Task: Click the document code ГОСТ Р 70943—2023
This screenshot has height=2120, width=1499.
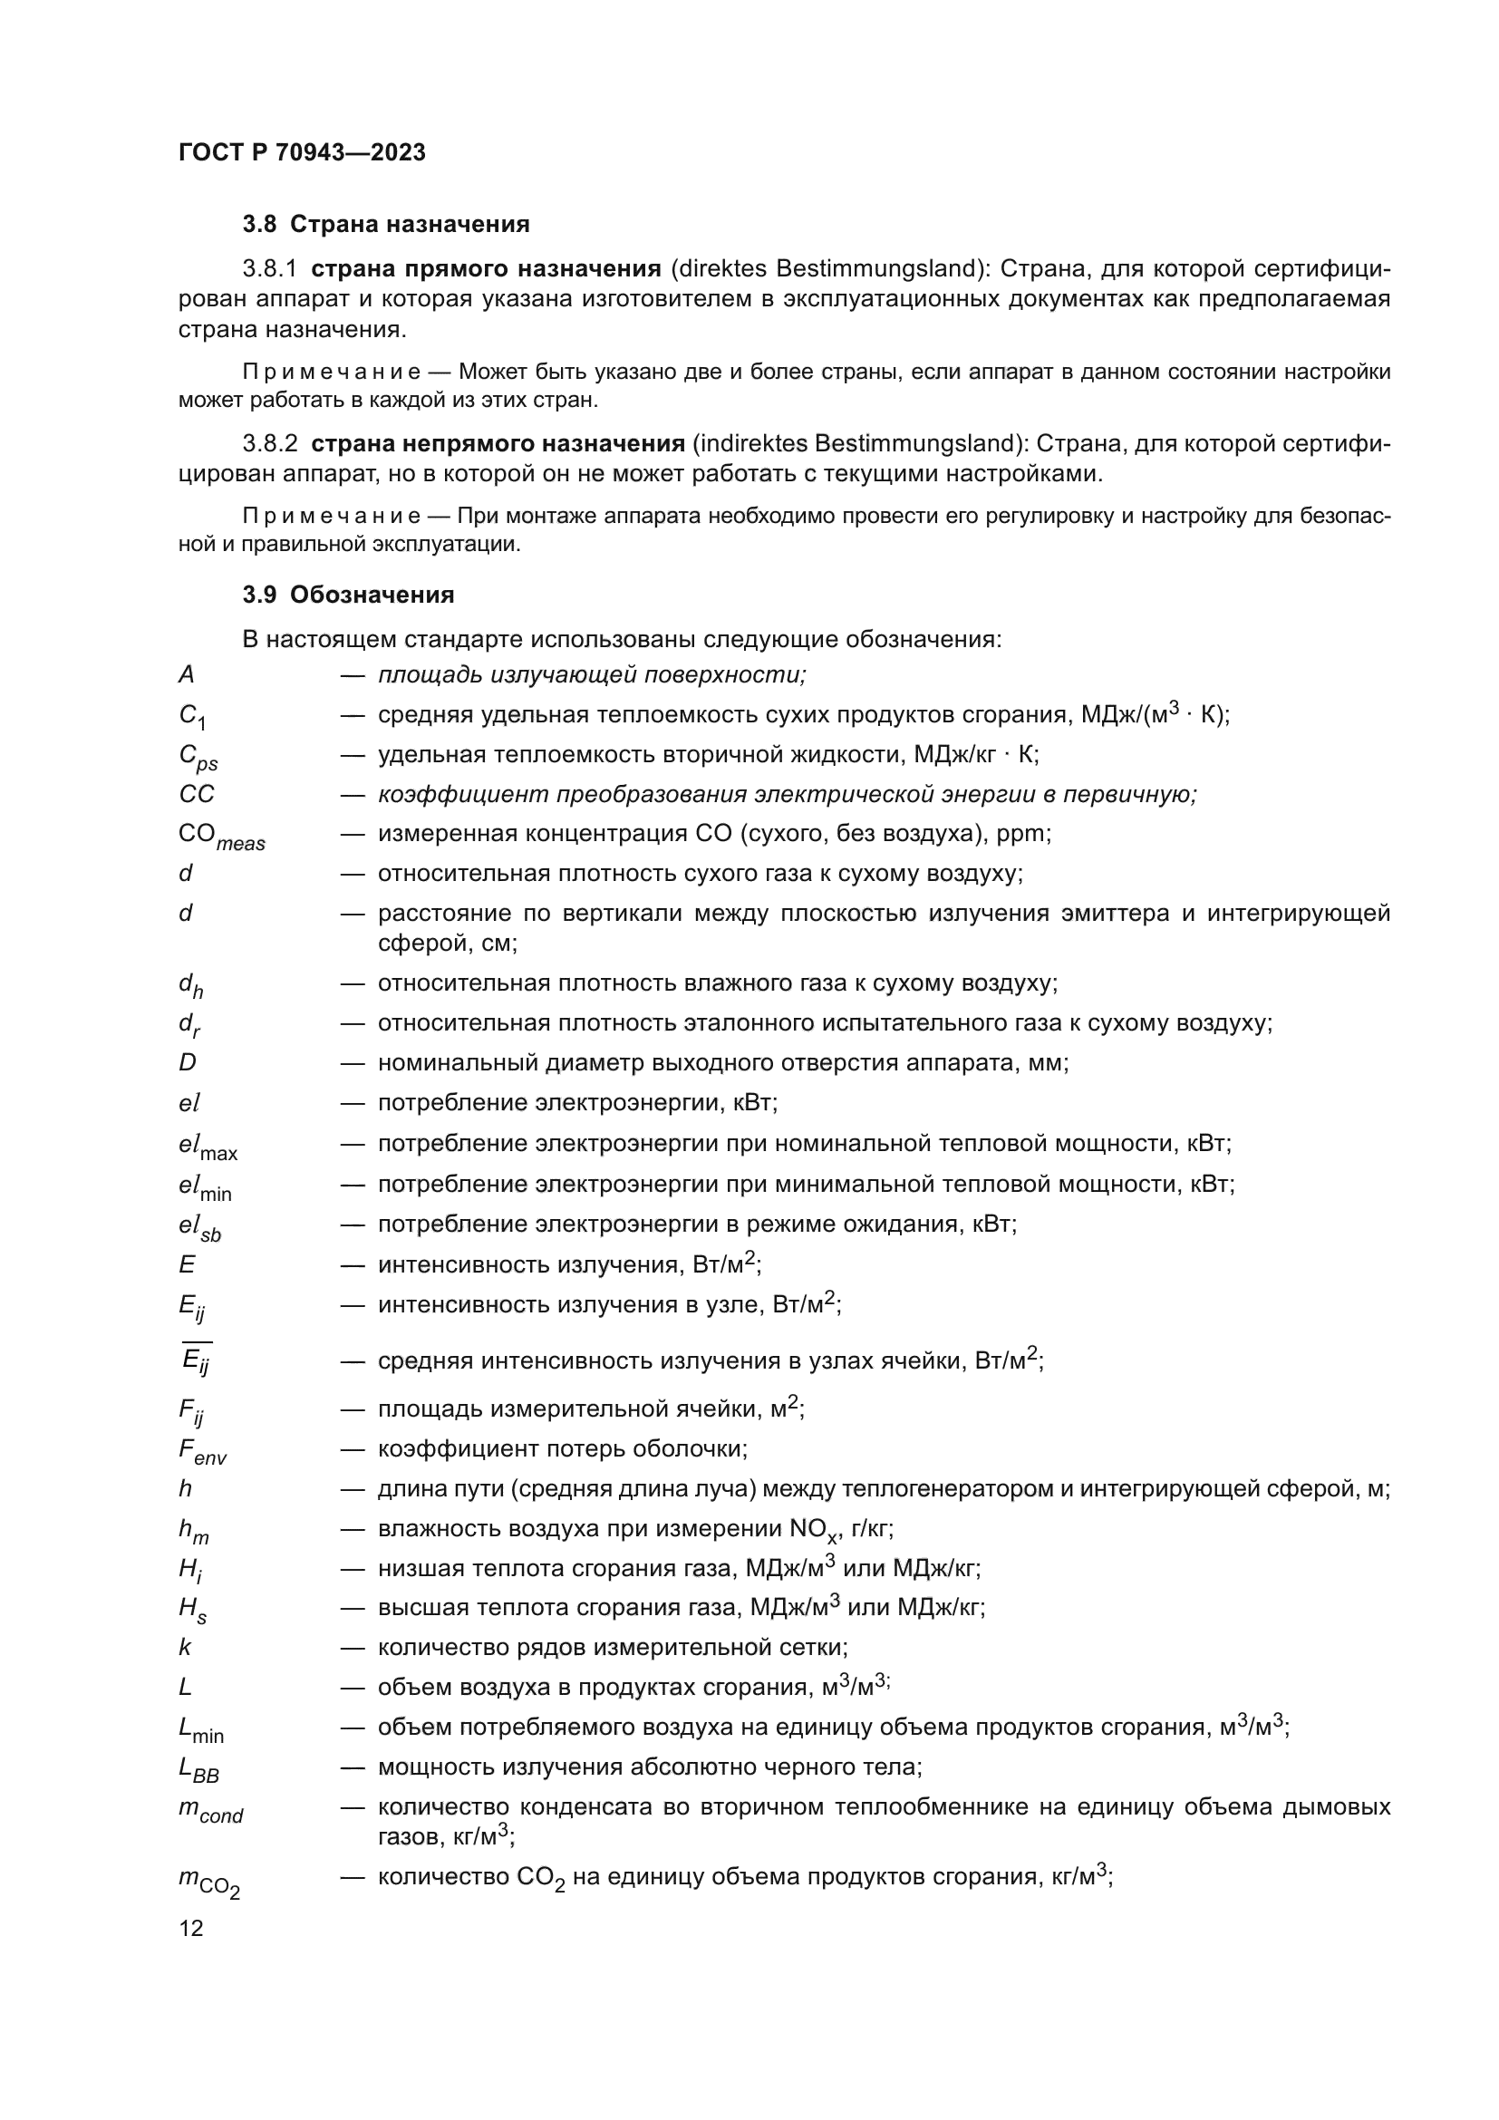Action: (x=302, y=153)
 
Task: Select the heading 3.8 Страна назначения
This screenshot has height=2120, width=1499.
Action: (x=386, y=225)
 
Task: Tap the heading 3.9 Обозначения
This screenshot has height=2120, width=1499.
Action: (x=348, y=595)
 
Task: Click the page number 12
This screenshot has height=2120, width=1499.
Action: (x=191, y=1928)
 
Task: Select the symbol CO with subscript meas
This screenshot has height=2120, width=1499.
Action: (x=220, y=837)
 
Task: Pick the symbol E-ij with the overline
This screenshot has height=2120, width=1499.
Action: (x=196, y=1360)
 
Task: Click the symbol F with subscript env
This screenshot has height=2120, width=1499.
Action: (x=202, y=1450)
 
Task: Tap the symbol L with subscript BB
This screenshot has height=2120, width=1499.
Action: (x=198, y=1768)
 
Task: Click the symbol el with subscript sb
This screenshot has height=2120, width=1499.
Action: (x=199, y=1227)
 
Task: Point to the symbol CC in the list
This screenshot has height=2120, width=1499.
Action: (x=196, y=794)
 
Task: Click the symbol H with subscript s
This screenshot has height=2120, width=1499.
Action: (x=192, y=1610)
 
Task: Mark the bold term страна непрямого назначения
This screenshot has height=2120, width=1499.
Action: (x=498, y=444)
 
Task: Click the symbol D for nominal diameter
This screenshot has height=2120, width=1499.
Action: (x=188, y=1063)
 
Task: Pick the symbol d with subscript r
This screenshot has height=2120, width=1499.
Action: (x=189, y=1025)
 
